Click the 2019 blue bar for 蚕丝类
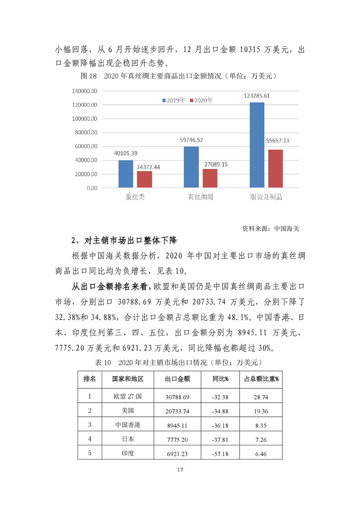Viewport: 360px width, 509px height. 126,174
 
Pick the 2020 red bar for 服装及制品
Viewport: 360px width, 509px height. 276,168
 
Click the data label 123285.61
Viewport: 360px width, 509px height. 257,96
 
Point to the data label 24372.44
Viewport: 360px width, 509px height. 148,167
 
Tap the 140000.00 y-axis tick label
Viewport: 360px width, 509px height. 84,91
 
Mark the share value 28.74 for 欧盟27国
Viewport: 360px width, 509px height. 261,396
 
